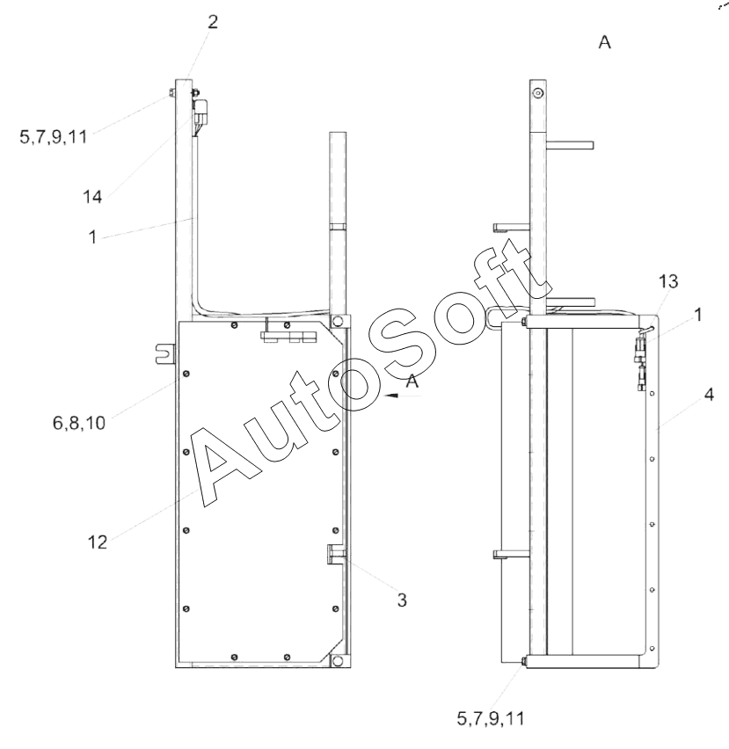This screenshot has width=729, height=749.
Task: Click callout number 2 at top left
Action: (213, 22)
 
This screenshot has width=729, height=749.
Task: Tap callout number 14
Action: (92, 197)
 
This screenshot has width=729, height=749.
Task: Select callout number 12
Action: (97, 542)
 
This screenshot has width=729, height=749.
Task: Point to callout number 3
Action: (402, 600)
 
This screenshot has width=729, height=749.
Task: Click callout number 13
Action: (667, 282)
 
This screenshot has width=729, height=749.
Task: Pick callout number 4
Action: (709, 395)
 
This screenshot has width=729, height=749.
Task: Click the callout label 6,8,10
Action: (79, 423)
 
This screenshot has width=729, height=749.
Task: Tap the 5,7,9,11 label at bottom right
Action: (491, 718)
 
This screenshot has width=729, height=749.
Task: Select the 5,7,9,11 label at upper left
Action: (54, 137)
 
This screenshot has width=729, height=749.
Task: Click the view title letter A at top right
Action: (604, 42)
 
